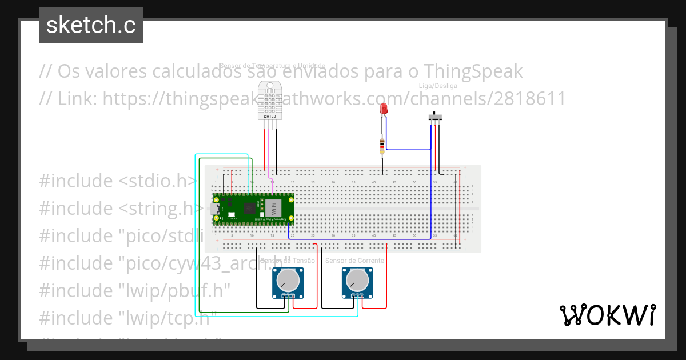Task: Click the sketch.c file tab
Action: tap(91, 25)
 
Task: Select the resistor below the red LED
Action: tap(382, 146)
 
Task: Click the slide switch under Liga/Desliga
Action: tap(436, 117)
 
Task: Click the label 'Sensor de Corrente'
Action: tap(354, 261)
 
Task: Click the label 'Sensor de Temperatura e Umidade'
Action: tap(272, 66)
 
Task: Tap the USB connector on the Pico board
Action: tap(214, 209)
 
